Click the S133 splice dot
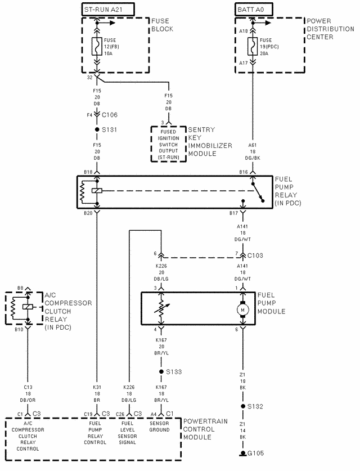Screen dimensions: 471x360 coord(161,372)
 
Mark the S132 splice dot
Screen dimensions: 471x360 coord(243,406)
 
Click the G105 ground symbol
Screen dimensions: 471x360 coord(243,453)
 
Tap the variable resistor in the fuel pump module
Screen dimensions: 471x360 coord(161,308)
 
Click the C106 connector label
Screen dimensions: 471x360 coord(110,114)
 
